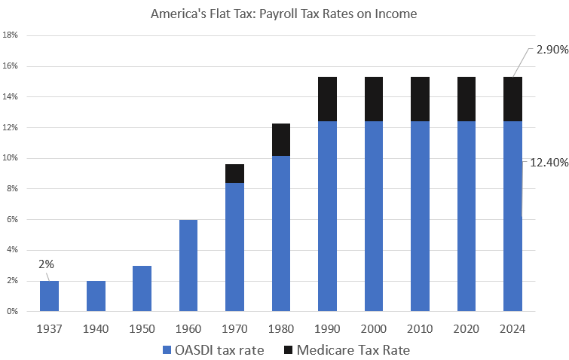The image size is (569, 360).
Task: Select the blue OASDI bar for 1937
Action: (49, 296)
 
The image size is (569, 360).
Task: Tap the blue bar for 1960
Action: (188, 265)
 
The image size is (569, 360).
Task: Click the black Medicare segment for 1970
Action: (235, 173)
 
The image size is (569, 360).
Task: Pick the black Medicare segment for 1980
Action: (281, 140)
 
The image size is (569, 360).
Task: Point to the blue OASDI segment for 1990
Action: (327, 216)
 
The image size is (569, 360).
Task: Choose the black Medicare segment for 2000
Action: (374, 99)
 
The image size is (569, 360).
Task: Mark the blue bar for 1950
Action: (142, 288)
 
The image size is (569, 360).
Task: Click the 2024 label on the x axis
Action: (513, 328)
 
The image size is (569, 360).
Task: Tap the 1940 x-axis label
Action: (96, 328)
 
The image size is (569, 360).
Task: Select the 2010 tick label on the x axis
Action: (420, 328)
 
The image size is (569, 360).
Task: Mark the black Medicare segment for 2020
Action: (467, 99)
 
